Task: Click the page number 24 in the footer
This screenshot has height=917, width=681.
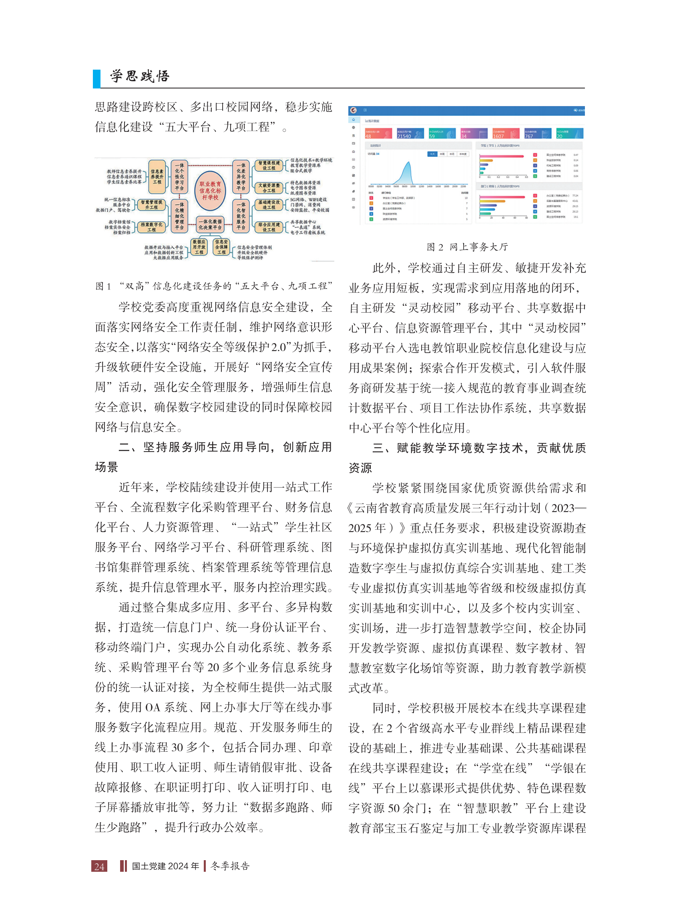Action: tap(99, 866)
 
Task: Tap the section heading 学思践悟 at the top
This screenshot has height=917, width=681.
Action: tap(139, 76)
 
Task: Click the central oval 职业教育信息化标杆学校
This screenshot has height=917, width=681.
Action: tap(210, 191)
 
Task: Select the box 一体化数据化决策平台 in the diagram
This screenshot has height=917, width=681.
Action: tap(210, 224)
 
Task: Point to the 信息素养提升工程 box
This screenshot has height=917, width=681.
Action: tap(157, 177)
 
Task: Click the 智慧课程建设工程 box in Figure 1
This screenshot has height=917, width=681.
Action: tap(269, 165)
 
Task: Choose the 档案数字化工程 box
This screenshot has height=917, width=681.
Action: tap(151, 227)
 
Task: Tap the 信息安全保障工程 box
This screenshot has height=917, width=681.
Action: tap(221, 247)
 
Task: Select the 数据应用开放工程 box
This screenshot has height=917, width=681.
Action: tap(199, 247)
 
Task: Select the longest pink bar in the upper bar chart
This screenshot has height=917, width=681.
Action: tap(501, 156)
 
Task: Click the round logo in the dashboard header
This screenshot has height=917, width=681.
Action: tap(353, 110)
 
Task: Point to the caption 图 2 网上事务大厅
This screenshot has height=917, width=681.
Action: tap(467, 247)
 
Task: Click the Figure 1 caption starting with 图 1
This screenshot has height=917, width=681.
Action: tap(213, 286)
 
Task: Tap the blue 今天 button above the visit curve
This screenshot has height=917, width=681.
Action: tap(432, 154)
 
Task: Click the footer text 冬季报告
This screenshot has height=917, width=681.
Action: tap(230, 866)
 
